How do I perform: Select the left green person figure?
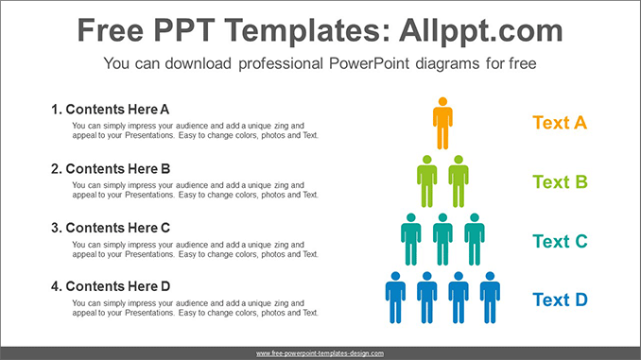click(427, 181)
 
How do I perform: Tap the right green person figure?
click(459, 181)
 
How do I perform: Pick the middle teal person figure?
click(442, 239)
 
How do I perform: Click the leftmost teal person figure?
click(411, 239)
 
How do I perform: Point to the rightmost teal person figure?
click(475, 239)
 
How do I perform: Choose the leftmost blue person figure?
click(395, 298)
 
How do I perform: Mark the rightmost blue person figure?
click(490, 298)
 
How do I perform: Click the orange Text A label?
click(560, 123)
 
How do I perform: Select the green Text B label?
click(560, 181)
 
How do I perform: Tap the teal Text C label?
click(560, 241)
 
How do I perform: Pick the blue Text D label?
click(560, 300)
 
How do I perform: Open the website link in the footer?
click(320, 353)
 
